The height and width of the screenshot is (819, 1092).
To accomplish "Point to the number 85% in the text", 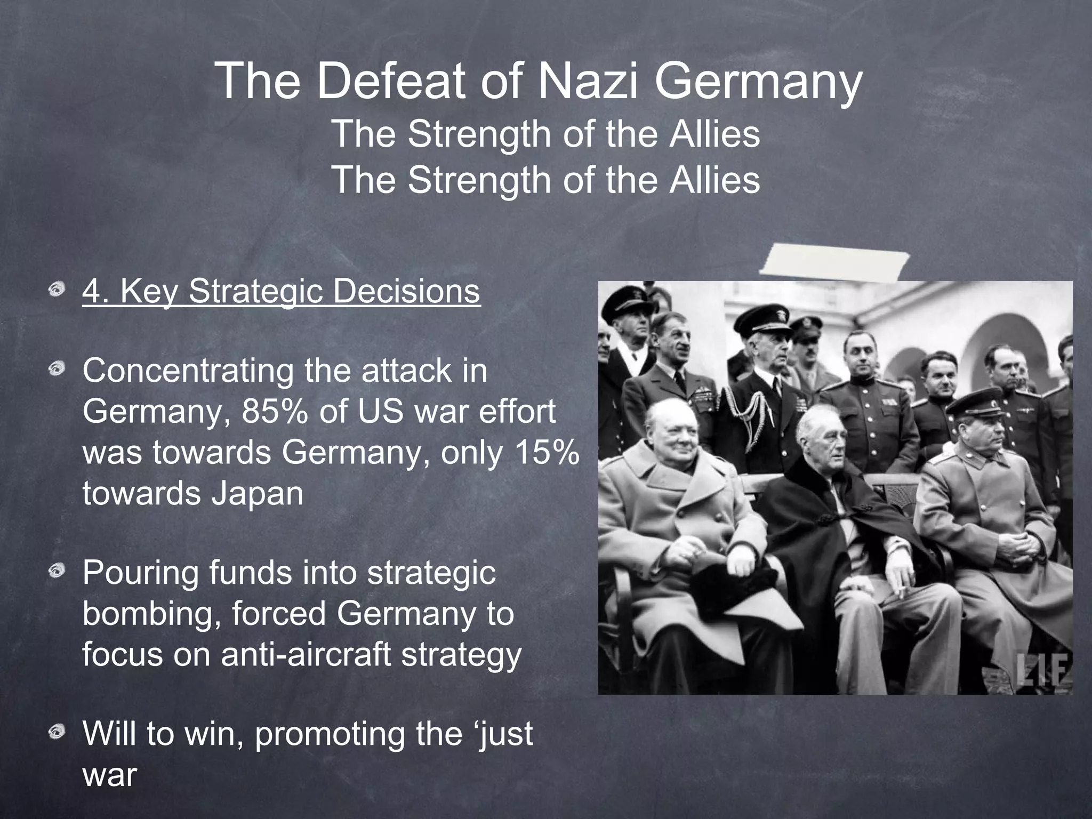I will coord(275,412).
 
